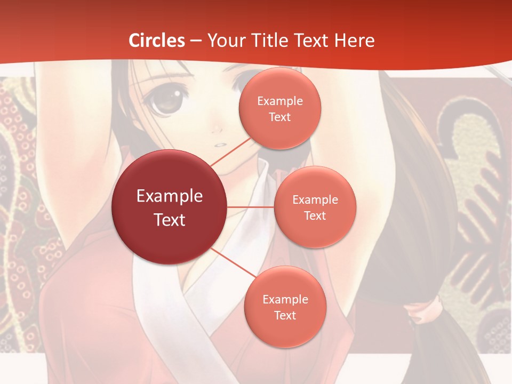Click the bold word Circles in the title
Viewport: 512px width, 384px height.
pyautogui.click(x=157, y=40)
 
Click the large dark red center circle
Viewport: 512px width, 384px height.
pyautogui.click(x=169, y=207)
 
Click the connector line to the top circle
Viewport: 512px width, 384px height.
pyautogui.click(x=230, y=151)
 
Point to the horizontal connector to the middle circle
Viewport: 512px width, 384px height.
pyautogui.click(x=251, y=206)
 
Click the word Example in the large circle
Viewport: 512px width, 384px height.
pyautogui.click(x=170, y=196)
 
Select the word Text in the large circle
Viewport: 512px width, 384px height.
pyautogui.click(x=170, y=220)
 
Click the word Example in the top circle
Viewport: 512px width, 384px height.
pyautogui.click(x=280, y=101)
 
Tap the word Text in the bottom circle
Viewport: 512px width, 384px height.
pyautogui.click(x=285, y=315)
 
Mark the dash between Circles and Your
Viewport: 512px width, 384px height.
pyautogui.click(x=196, y=41)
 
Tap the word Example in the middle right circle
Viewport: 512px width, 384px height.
pyautogui.click(x=315, y=200)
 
